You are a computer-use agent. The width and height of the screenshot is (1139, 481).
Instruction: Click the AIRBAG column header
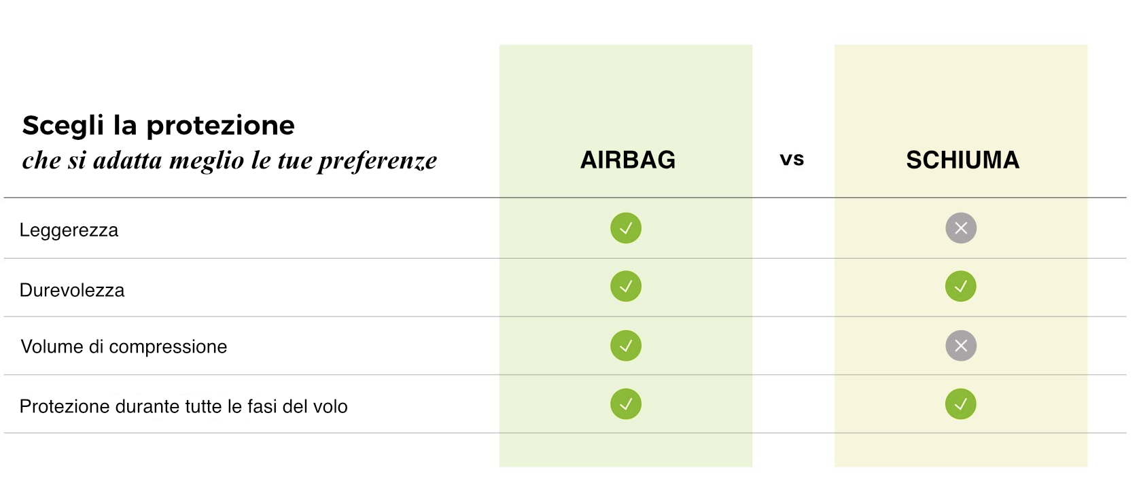628,160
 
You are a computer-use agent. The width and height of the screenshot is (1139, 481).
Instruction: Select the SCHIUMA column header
962,160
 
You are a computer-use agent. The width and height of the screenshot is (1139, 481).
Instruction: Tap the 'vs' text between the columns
792,159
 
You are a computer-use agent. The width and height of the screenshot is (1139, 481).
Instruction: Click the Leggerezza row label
69,230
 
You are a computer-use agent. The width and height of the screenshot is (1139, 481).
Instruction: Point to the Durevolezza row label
71,290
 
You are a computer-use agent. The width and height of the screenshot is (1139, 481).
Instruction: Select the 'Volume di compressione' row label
124,346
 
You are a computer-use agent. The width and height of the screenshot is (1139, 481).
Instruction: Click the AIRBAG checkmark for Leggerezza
626,228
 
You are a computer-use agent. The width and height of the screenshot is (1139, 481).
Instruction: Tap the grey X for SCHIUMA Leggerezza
961,228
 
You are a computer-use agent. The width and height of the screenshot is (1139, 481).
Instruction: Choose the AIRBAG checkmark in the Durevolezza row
626,286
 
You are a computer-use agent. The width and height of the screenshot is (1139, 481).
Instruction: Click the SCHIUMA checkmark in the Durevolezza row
961,286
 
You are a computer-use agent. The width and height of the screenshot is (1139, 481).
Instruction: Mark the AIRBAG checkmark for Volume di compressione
626,346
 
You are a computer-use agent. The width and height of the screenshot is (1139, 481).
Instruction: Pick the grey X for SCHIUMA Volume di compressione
961,346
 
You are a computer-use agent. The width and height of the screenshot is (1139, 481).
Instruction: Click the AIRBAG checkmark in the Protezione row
626,404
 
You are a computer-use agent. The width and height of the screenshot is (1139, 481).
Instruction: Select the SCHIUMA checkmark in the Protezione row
961,404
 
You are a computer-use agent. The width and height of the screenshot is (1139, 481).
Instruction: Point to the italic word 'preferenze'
377,161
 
